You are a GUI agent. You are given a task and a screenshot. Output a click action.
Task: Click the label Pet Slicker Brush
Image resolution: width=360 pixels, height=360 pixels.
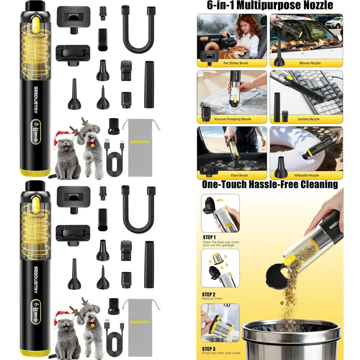tap(236, 63)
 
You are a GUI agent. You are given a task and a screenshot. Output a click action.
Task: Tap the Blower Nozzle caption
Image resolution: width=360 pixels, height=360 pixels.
tap(309, 63)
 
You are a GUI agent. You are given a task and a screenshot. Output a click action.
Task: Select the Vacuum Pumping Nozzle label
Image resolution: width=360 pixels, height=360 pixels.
tap(233, 119)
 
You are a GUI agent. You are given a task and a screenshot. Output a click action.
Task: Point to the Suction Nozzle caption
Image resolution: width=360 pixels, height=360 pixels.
tap(309, 119)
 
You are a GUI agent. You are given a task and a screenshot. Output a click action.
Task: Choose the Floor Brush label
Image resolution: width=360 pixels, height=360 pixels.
tap(235, 175)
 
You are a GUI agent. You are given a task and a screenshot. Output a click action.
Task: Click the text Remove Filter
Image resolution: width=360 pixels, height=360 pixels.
tap(212, 298)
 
